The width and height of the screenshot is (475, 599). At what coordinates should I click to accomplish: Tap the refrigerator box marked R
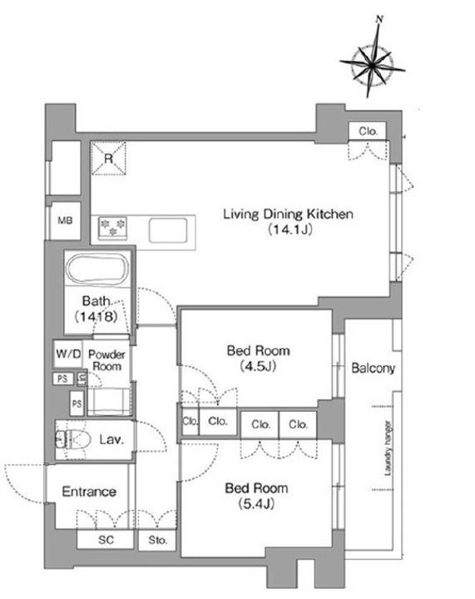[x=108, y=158]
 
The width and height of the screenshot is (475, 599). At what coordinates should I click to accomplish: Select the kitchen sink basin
[x=168, y=230]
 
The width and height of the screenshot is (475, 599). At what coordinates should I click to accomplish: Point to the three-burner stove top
[x=112, y=228]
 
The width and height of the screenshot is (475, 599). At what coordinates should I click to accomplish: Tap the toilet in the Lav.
[x=72, y=440]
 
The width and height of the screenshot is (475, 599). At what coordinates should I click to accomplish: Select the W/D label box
[x=68, y=354]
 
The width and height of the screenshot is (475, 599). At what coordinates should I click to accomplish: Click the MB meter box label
[x=65, y=220]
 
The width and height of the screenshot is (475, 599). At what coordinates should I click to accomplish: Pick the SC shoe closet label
[x=106, y=540]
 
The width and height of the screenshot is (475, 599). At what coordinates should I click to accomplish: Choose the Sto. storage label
[x=158, y=540]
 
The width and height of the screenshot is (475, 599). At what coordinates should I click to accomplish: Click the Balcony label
[x=373, y=368]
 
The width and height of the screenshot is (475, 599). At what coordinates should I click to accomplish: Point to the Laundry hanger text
[x=388, y=448]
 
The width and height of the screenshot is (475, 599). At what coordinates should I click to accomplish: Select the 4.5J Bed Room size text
[x=258, y=367]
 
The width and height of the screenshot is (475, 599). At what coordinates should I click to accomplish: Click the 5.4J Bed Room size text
[x=256, y=504]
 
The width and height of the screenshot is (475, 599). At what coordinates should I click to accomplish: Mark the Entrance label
[x=89, y=492]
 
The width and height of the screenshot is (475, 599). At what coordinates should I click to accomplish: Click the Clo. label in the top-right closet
[x=368, y=131]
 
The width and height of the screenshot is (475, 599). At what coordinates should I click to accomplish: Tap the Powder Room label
[x=107, y=360]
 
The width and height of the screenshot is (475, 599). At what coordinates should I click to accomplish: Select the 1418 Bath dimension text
[x=96, y=316]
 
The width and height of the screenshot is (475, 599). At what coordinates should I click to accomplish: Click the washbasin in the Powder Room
[x=109, y=401]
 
